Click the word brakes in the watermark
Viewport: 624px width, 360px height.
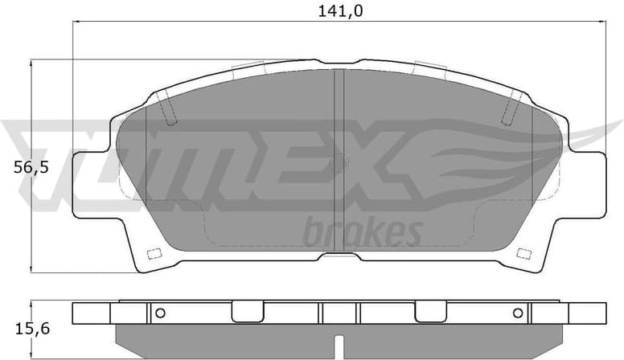(x=363, y=232)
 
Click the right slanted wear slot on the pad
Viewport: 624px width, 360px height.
(x=511, y=108)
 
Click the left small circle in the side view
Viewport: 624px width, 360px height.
(x=159, y=313)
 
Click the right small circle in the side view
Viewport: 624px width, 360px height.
(x=517, y=313)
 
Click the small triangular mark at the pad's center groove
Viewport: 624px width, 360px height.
(x=345, y=162)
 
